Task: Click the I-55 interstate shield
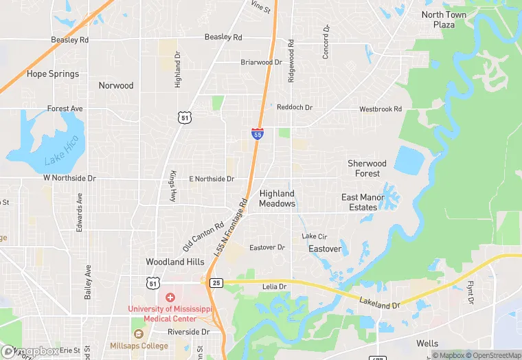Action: tap(257, 133)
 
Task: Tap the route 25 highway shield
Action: tap(216, 282)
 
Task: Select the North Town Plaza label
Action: tap(444, 20)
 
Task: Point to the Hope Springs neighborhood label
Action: tap(53, 74)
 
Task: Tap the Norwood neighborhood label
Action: tap(116, 86)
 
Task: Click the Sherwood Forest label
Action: tap(367, 168)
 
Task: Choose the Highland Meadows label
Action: tap(277, 199)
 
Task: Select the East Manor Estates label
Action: tap(359, 202)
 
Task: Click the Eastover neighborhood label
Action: tap(325, 249)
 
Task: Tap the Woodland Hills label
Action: tap(175, 262)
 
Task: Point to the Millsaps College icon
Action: tap(139, 333)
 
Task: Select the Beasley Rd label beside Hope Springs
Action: tap(70, 40)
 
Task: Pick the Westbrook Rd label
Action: tap(381, 109)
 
